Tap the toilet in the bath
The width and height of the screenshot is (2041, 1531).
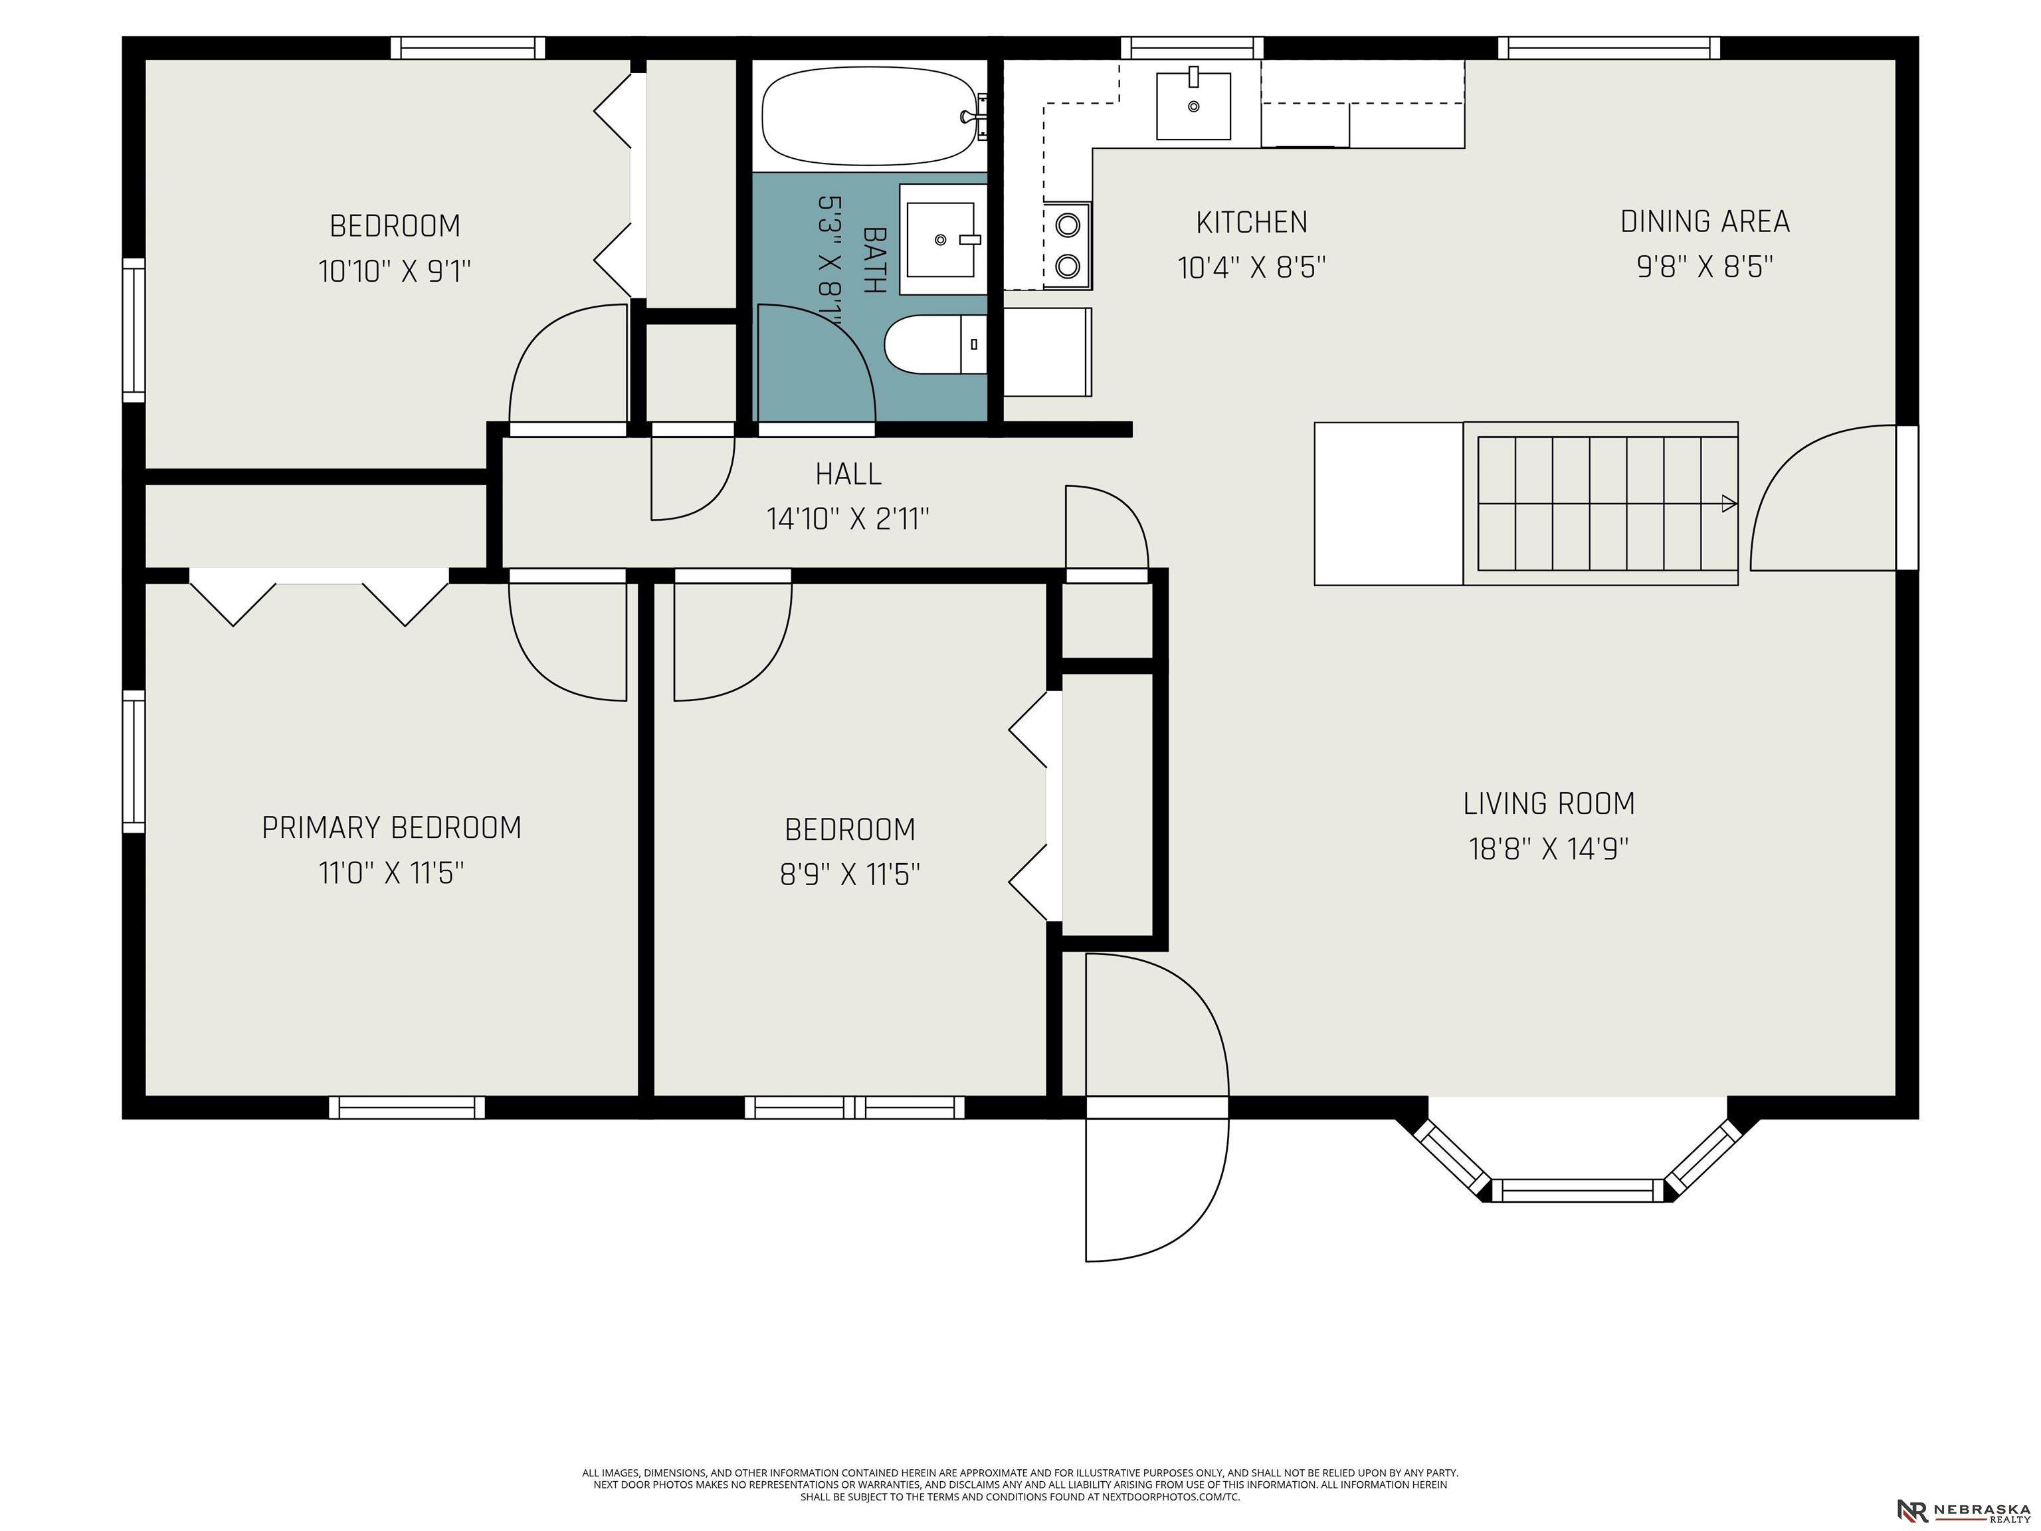935,344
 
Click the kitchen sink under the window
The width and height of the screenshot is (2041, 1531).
1193,106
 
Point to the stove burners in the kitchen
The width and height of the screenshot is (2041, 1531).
1068,245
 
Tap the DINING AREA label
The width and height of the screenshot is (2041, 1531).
1705,221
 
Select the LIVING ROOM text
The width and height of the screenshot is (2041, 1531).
1549,804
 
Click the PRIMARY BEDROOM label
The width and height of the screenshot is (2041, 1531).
392,828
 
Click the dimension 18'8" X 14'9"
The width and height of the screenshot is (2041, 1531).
1549,849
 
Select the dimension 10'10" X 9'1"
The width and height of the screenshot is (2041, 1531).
395,271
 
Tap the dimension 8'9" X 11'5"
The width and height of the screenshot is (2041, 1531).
850,874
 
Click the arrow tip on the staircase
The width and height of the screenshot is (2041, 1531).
1735,504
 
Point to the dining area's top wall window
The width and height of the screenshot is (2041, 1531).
1609,48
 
